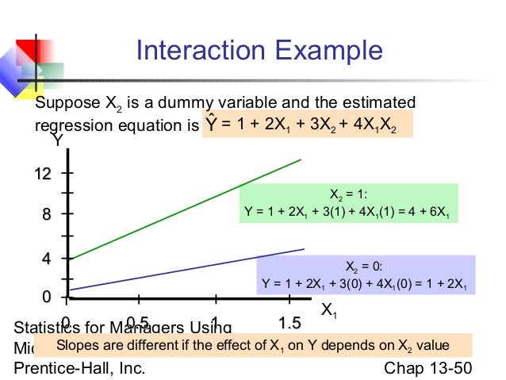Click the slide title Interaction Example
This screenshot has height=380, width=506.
259,52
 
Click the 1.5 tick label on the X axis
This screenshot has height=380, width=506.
290,323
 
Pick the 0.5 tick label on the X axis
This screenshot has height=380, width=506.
138,323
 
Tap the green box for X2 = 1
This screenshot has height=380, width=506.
348,203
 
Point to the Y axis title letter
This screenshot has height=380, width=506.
57,141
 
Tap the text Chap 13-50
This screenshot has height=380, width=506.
427,369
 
